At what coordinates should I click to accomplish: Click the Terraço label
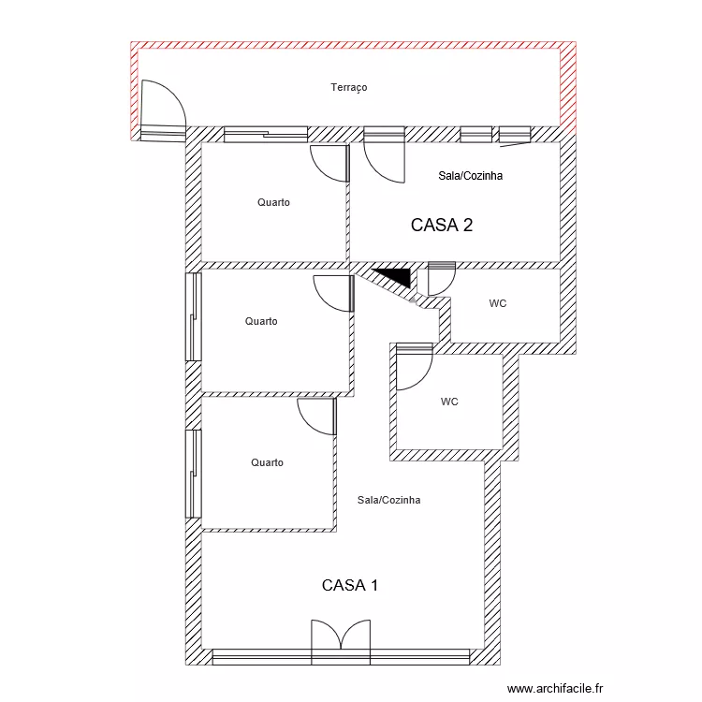pyautogui.click(x=349, y=87)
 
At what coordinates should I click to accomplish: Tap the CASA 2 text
pyautogui.click(x=442, y=225)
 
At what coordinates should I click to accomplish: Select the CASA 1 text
pyautogui.click(x=350, y=585)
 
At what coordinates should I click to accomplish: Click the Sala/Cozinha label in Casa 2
pyautogui.click(x=470, y=176)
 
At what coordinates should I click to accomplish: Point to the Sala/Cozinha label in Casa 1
pyautogui.click(x=388, y=500)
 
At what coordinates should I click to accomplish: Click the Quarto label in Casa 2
pyautogui.click(x=273, y=202)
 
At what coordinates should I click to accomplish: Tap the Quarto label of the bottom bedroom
pyautogui.click(x=267, y=462)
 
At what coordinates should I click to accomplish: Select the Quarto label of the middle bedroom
pyautogui.click(x=261, y=321)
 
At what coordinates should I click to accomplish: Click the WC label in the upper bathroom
pyautogui.click(x=497, y=303)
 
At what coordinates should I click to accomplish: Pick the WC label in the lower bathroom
pyautogui.click(x=449, y=402)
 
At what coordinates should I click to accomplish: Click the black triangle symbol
pyautogui.click(x=394, y=276)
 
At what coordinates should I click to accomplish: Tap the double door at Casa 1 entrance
pyautogui.click(x=341, y=635)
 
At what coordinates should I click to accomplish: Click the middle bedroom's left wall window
pyautogui.click(x=194, y=317)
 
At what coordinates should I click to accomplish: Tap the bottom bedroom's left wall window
pyautogui.click(x=194, y=474)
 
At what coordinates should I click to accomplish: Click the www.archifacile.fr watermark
pyautogui.click(x=555, y=688)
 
